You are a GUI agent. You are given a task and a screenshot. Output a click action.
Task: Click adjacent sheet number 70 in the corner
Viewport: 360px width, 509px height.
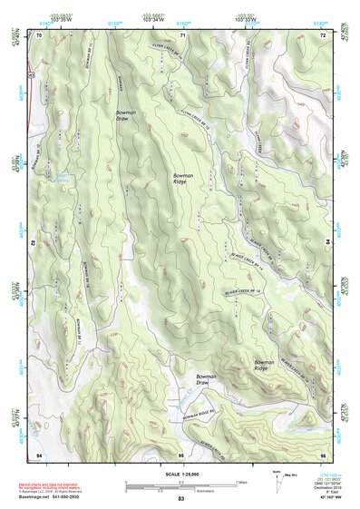pos(39,34)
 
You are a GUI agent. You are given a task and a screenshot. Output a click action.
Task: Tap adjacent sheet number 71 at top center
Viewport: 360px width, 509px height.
pos(182,34)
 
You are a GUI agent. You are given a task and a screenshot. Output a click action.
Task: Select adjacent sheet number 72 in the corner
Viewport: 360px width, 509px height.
pos(322,34)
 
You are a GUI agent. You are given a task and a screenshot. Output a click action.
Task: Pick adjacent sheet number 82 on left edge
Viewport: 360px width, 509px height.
pos(35,244)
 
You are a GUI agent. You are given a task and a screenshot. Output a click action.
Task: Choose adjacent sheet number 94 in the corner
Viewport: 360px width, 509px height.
pos(39,454)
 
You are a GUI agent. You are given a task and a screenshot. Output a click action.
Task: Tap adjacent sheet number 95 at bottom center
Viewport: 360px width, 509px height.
pos(181,454)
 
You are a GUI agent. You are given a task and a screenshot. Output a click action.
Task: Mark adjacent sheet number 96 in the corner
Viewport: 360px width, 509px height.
pos(323,454)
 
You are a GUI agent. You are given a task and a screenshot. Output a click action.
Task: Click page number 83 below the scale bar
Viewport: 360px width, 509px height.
pos(181,499)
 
